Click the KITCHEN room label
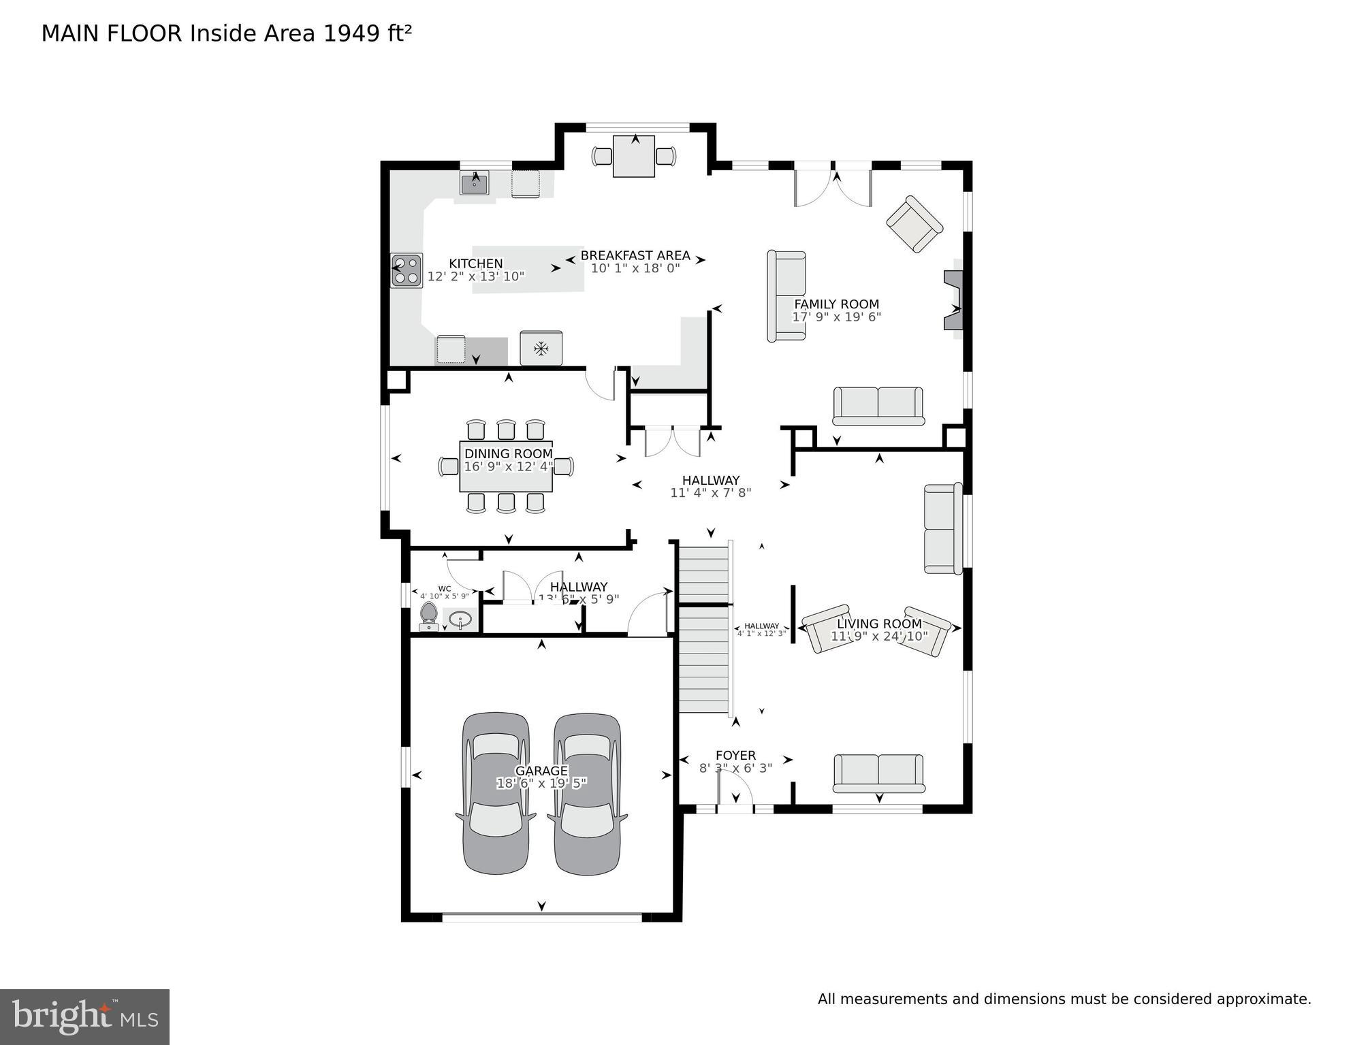(475, 263)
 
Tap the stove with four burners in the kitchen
(407, 270)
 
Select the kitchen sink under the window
(474, 183)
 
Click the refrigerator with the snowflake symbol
(541, 349)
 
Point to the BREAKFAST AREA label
(635, 256)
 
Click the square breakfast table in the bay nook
(634, 157)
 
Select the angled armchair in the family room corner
(914, 224)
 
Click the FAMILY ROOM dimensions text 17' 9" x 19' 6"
(836, 317)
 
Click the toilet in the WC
(428, 614)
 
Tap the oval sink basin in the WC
(462, 620)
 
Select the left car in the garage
(496, 793)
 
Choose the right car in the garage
(588, 793)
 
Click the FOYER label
(735, 756)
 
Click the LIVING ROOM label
(879, 624)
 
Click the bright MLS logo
(84, 1016)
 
